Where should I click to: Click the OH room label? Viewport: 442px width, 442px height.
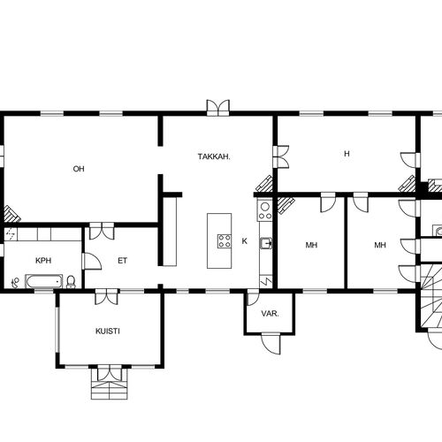(x=79, y=169)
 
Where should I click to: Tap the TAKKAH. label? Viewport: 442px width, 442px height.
(x=214, y=156)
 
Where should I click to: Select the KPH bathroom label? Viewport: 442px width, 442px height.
(x=43, y=261)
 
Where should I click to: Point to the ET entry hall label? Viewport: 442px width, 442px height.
(x=122, y=261)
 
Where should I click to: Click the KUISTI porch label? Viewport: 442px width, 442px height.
(x=108, y=331)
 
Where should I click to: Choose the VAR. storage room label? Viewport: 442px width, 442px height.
(x=270, y=314)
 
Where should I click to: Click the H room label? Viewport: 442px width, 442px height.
(x=347, y=154)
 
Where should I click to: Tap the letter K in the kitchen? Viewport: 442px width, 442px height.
(x=245, y=241)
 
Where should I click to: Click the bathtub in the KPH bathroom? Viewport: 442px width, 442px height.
(x=44, y=281)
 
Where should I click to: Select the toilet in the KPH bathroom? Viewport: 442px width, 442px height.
(x=71, y=282)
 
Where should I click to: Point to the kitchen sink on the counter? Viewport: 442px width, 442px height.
(x=266, y=243)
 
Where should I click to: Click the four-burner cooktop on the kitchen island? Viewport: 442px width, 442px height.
(x=225, y=240)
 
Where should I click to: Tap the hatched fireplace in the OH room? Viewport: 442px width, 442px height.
(x=11, y=213)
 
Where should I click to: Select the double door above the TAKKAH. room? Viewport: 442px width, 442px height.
(x=218, y=107)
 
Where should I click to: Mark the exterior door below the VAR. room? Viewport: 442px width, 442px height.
(x=271, y=344)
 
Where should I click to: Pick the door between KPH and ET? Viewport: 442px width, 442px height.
(x=92, y=261)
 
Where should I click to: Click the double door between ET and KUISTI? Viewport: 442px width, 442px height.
(x=106, y=297)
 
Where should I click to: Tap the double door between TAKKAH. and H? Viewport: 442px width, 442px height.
(x=281, y=156)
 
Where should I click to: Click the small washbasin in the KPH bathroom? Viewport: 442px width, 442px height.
(x=15, y=283)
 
